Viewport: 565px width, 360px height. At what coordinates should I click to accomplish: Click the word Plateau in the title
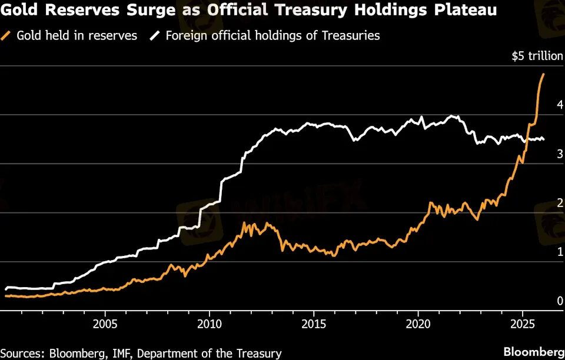click(x=465, y=11)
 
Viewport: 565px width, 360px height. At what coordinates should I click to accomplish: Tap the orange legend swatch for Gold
click(x=8, y=36)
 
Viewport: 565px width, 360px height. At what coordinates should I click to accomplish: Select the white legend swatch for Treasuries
click(x=155, y=36)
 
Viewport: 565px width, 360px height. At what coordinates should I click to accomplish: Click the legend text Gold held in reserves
click(x=77, y=36)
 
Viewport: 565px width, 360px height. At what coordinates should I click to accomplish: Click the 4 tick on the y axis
click(x=560, y=105)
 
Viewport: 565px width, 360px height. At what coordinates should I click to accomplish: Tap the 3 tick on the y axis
click(x=560, y=154)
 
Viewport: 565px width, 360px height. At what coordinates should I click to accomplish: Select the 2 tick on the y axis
click(x=560, y=203)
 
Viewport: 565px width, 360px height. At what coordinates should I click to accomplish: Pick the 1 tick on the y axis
click(x=560, y=252)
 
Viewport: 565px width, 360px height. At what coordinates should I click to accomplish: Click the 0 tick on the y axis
click(x=560, y=301)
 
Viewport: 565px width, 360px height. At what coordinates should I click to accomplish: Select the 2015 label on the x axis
click(x=314, y=324)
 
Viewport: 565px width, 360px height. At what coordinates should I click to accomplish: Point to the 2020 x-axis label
click(x=418, y=324)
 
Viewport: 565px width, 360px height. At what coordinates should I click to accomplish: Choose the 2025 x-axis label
click(x=523, y=324)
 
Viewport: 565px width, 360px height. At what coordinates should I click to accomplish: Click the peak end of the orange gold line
click(x=543, y=74)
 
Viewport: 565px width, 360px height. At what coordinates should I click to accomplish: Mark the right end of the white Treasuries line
click(x=543, y=139)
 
